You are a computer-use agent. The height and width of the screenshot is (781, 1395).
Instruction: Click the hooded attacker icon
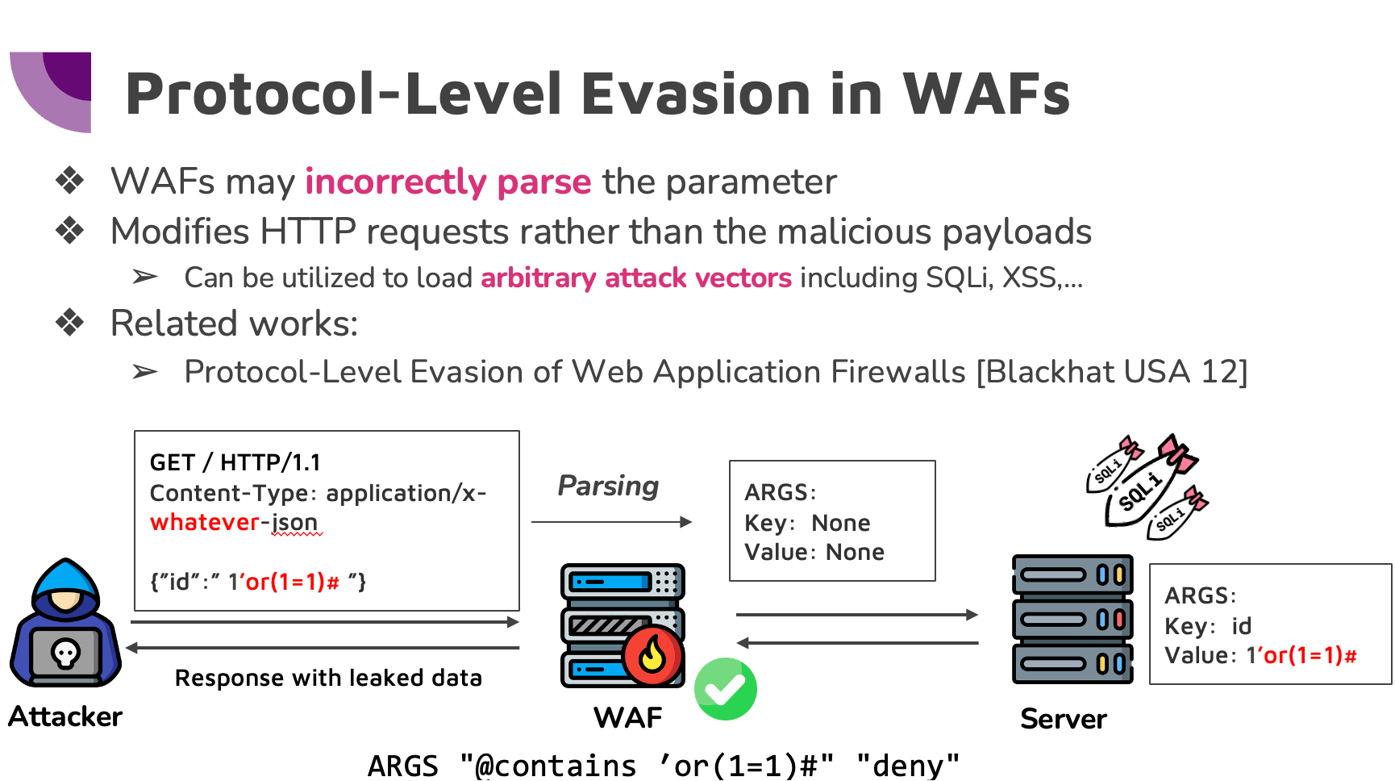pos(65,623)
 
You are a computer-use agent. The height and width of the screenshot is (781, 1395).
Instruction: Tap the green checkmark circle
pos(725,688)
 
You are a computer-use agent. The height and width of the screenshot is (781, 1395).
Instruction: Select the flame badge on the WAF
pos(652,654)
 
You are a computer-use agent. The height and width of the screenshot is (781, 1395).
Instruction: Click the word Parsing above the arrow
pos(608,486)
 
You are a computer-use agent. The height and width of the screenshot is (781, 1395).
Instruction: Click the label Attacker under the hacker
pos(65,716)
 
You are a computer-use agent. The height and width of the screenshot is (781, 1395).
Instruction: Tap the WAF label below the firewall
pos(627,717)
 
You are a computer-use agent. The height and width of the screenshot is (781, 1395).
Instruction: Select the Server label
pos(1063,718)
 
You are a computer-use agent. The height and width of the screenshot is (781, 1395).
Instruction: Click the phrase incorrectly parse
pos(448,182)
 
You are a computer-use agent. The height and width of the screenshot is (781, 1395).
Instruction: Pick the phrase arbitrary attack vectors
pos(635,278)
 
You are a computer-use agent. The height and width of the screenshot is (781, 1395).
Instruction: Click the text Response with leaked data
pos(328,678)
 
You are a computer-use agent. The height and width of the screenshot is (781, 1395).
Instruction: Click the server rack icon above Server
pos(1072,619)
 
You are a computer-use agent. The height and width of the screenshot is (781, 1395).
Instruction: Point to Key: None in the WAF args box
pos(806,523)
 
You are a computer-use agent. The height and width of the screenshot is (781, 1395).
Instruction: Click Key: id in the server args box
pos(1207,626)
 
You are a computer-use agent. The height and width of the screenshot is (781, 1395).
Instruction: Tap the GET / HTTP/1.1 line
pos(235,462)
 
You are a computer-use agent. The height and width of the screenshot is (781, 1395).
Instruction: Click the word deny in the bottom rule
pos(908,765)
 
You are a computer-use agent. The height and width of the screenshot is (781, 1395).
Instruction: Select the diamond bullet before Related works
pos(70,323)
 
